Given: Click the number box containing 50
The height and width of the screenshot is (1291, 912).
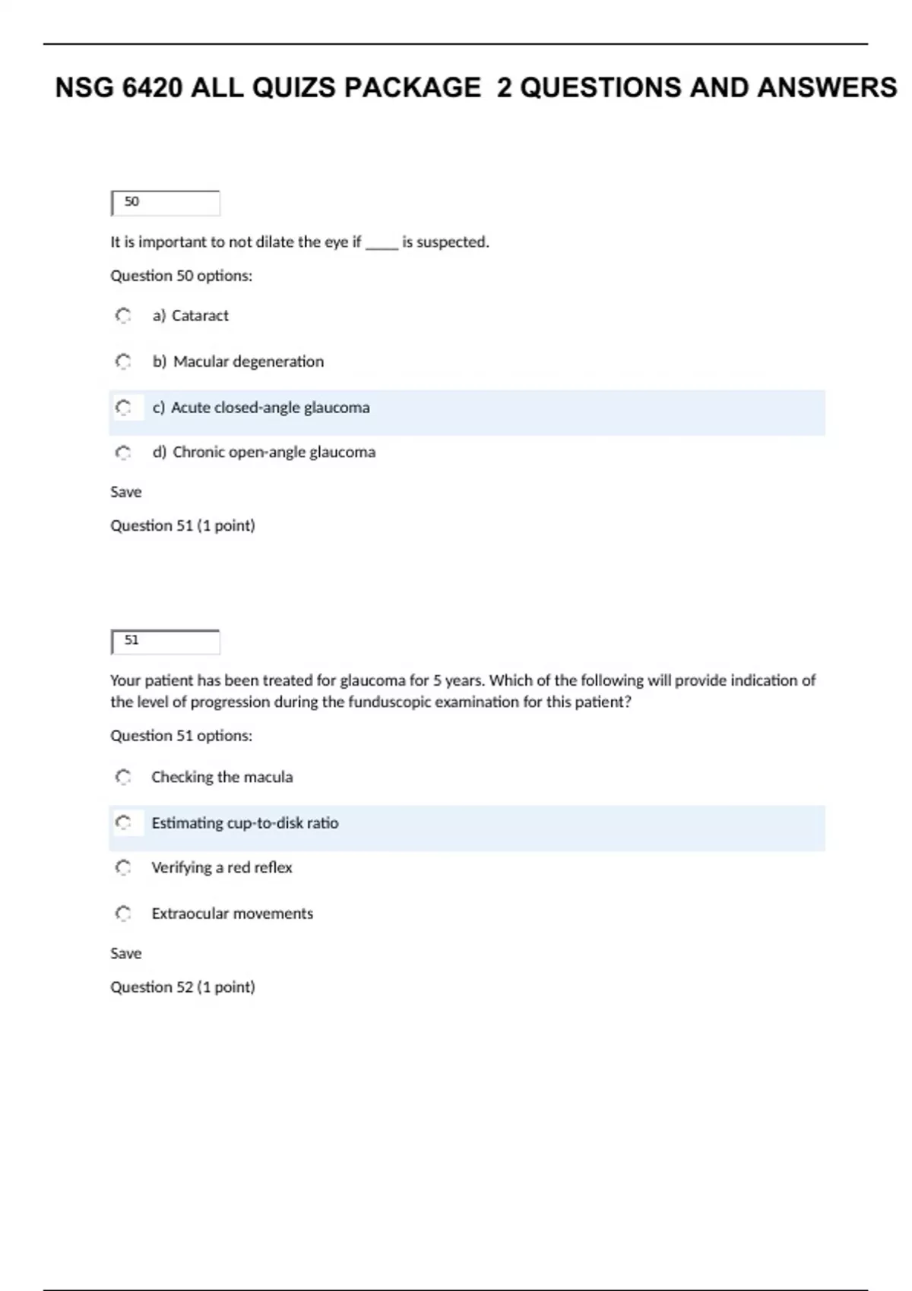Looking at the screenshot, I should coord(165,203).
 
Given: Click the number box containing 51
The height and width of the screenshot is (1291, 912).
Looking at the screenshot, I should coord(165,642).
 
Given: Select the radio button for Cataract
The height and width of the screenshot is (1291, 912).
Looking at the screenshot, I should coord(123,315).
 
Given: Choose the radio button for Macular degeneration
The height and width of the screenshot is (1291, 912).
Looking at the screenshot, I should coord(123,361).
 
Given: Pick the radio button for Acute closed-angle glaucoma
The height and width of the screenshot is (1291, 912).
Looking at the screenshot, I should coord(123,408).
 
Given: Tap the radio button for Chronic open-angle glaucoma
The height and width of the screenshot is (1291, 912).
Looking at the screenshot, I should coord(123,453).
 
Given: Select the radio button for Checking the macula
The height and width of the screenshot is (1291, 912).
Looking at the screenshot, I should coord(123,777).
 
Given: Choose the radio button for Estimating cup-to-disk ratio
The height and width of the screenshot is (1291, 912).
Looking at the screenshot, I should coord(123,822).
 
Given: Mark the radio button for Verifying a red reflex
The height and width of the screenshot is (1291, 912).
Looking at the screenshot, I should coord(123,867).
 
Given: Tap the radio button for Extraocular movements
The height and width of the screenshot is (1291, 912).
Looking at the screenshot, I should coord(123,913).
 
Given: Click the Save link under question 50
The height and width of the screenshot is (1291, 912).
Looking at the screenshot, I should coord(126,492).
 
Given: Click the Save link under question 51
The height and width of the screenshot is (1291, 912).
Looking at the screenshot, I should coord(126,953).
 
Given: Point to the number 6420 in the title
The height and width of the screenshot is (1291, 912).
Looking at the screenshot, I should coord(152,88).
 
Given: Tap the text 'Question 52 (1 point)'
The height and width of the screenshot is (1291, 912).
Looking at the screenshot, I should coord(182,986).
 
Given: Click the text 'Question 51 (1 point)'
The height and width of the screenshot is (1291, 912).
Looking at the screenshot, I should coord(182,526).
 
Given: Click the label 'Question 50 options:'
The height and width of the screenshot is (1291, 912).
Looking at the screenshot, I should coord(181,276).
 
